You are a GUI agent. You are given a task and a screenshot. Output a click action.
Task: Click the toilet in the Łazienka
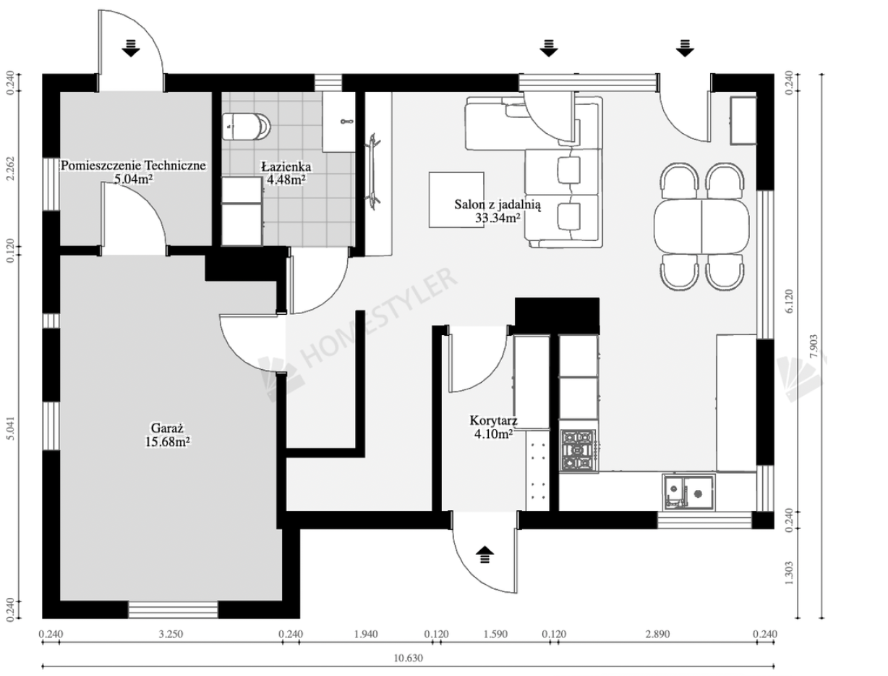[x=246, y=126]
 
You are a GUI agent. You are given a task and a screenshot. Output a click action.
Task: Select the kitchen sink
[x=688, y=492]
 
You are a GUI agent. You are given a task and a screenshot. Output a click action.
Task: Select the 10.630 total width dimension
[x=408, y=658]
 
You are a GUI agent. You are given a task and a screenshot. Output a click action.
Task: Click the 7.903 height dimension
[x=814, y=346]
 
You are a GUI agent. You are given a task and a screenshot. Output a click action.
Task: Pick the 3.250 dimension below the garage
[x=171, y=634]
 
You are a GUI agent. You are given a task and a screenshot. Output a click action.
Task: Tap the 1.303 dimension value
[x=789, y=573]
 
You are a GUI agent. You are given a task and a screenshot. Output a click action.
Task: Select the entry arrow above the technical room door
[x=131, y=48]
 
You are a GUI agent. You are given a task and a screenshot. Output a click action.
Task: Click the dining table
[x=701, y=226]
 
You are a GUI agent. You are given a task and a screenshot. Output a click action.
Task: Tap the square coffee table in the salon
[x=456, y=200]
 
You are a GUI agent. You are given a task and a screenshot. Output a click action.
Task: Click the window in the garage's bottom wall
[x=173, y=609]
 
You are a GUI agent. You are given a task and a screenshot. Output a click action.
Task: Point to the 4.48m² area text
[x=286, y=179]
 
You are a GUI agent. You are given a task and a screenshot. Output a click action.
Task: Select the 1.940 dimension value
[x=366, y=634]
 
